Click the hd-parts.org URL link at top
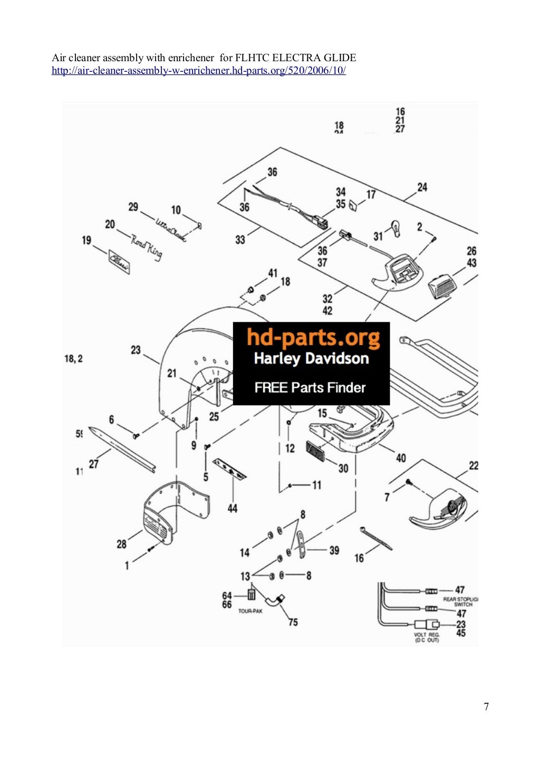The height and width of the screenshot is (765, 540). click(x=198, y=71)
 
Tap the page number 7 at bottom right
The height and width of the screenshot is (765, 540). click(x=486, y=706)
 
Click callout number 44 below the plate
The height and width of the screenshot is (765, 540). click(x=233, y=508)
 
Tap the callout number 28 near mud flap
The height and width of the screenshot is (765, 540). click(x=122, y=543)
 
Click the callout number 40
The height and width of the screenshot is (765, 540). click(x=401, y=457)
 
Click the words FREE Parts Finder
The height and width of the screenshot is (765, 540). click(x=310, y=388)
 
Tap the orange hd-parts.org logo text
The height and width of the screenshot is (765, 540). click(x=313, y=338)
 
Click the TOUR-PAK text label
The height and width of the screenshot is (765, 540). click(x=250, y=611)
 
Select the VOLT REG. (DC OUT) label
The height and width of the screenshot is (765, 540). click(x=426, y=637)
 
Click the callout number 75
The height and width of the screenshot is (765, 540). click(x=293, y=622)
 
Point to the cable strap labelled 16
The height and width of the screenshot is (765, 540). click(x=376, y=538)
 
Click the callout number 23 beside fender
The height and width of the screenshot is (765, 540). click(x=136, y=349)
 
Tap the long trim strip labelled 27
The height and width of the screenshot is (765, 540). click(x=121, y=449)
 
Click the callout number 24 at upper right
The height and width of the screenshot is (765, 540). click(x=422, y=187)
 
